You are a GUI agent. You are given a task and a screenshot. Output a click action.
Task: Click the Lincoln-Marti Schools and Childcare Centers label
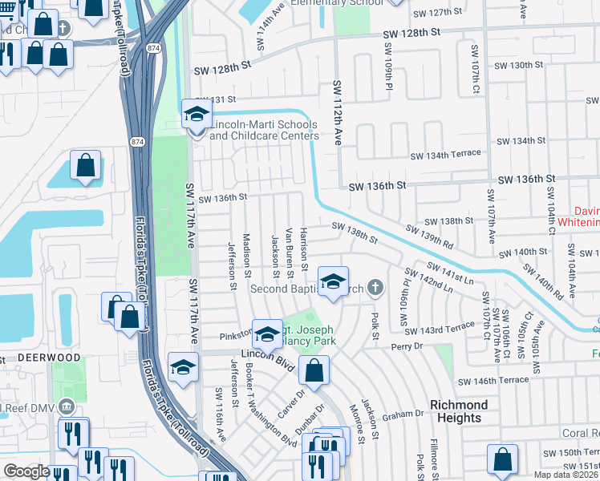pyautogui.click(x=264, y=130)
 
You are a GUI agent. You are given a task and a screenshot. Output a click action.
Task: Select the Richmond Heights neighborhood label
pyautogui.click(x=466, y=411)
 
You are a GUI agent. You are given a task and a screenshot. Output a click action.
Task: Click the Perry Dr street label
pyautogui.click(x=407, y=346)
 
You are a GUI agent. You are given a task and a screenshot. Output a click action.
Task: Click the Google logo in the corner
pyautogui.click(x=26, y=471)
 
